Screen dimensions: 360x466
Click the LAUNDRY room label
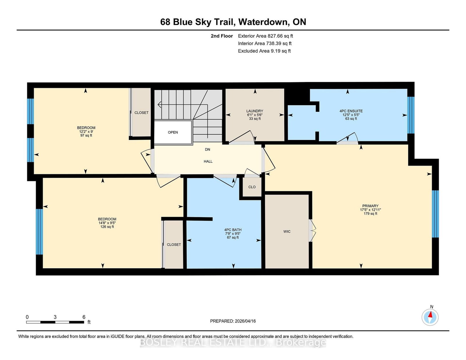point(255,111)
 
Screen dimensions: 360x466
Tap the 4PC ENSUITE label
point(351,111)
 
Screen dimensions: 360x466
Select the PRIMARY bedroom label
point(370,206)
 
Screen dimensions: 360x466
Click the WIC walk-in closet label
point(287,231)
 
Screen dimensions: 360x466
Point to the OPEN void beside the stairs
point(173,132)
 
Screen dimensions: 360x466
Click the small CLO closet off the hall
point(252,187)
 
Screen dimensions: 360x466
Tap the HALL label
point(208,161)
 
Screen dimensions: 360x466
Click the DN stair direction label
point(207,149)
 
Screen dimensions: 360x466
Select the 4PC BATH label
point(233,230)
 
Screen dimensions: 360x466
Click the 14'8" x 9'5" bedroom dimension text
point(107,223)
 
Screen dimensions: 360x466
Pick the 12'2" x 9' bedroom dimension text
point(86,132)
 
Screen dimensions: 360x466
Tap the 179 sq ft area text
point(370,213)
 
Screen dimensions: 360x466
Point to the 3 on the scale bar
point(55,317)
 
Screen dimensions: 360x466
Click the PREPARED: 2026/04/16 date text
point(233,321)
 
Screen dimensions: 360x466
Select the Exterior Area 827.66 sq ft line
point(265,36)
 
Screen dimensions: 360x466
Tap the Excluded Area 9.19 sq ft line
point(264,51)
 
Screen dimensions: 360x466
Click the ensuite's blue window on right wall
point(411,115)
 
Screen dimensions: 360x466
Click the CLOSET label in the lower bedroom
point(174,244)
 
